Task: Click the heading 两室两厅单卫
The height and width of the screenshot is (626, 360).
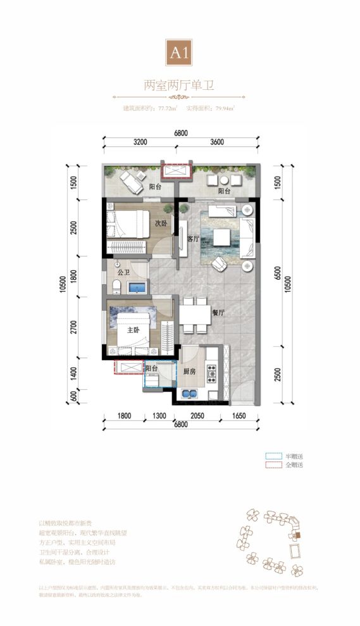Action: point(180,85)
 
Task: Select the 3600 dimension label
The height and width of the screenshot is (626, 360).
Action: point(216,142)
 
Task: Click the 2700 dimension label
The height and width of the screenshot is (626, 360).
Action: point(74,327)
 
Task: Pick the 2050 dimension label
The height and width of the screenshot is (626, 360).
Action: point(197,416)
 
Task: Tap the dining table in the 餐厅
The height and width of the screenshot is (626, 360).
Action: point(194,315)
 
